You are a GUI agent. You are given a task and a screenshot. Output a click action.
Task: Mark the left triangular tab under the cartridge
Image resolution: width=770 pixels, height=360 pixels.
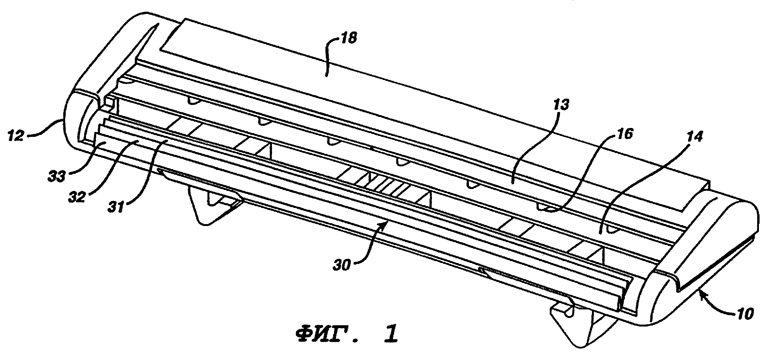coord(215,205)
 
